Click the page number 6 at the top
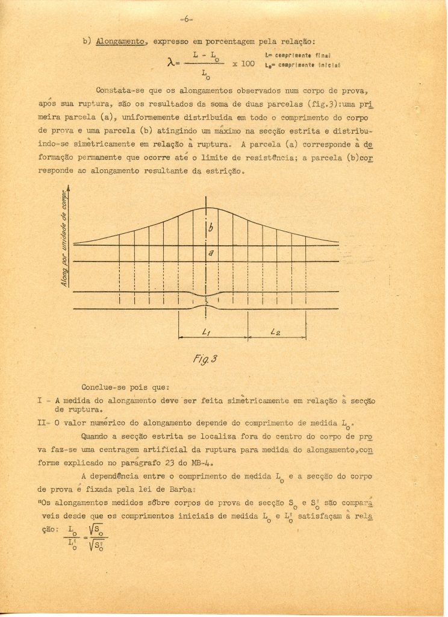186,19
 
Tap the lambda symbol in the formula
169,63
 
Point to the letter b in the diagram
210,228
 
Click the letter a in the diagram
210,254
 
